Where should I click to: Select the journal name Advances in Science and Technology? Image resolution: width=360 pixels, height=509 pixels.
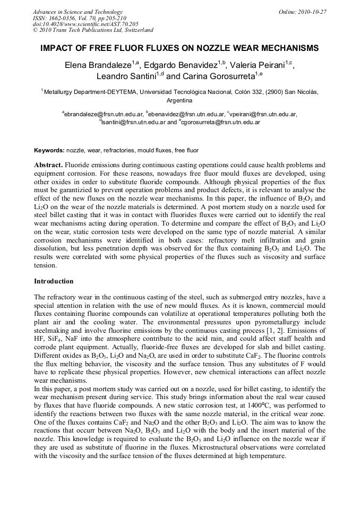78,12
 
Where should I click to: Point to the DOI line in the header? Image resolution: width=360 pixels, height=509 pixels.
85,24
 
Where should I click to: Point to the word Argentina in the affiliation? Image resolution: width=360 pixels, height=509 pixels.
179,100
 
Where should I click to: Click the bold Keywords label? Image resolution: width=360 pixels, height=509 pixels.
49,151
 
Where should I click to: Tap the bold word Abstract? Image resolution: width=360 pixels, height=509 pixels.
48,165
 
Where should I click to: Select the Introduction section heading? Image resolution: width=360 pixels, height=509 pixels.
54,281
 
